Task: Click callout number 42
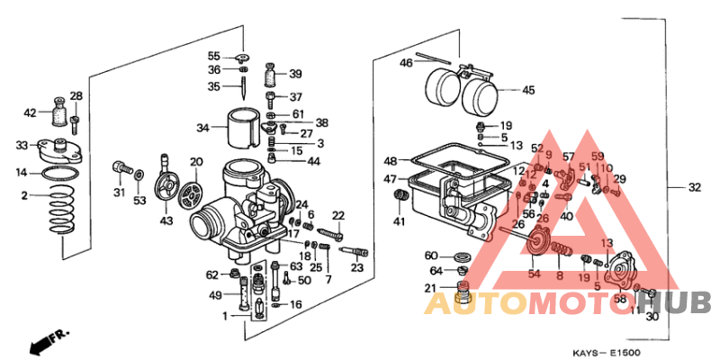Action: [30, 113]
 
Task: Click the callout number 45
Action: [528, 90]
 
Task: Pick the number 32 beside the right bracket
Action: [694, 188]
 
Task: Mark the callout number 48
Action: [390, 161]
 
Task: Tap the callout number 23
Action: [357, 268]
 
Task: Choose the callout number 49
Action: [215, 295]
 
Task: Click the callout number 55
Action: [213, 56]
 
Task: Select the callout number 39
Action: [295, 75]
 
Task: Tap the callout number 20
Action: [196, 162]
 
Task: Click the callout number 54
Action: [534, 274]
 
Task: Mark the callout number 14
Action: [20, 172]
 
